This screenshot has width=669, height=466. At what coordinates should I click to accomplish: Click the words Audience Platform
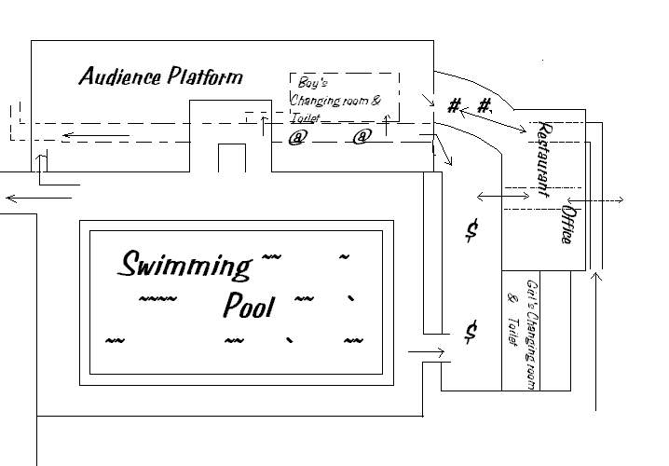161,76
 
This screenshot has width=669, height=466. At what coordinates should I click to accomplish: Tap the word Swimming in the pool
184,266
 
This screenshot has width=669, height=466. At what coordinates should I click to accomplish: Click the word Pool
249,305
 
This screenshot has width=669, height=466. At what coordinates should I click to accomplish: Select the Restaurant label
543,158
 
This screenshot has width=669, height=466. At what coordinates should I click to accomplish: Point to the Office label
568,225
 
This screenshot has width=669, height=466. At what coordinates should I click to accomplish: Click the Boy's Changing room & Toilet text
334,100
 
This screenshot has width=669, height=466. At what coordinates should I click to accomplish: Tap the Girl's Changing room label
532,335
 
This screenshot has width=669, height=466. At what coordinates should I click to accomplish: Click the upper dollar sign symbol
471,230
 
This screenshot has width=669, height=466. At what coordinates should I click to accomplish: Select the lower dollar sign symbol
471,332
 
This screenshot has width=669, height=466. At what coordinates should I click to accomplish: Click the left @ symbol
297,137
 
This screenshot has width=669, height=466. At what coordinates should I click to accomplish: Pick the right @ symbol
362,137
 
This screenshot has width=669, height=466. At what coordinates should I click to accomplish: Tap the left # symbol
454,105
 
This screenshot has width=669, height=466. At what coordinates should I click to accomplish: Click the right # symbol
484,105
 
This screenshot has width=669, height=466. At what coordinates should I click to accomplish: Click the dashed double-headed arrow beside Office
595,199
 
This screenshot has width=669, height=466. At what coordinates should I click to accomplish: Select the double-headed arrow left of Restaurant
503,197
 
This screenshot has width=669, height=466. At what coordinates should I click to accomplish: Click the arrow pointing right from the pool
426,352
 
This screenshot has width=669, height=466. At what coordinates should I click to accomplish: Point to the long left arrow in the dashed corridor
96,136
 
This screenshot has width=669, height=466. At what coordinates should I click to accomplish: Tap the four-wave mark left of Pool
157,298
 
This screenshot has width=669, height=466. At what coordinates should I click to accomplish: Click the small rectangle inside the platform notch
232,158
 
